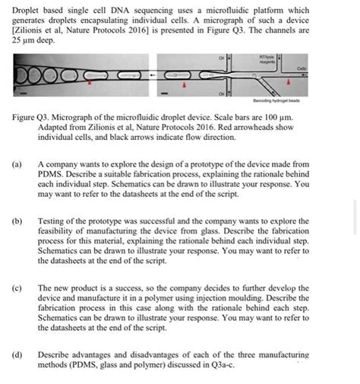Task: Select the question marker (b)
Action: (x=17, y=221)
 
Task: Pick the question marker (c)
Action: (x=17, y=288)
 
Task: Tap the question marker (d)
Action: (x=17, y=355)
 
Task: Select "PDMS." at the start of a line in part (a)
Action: (x=51, y=174)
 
